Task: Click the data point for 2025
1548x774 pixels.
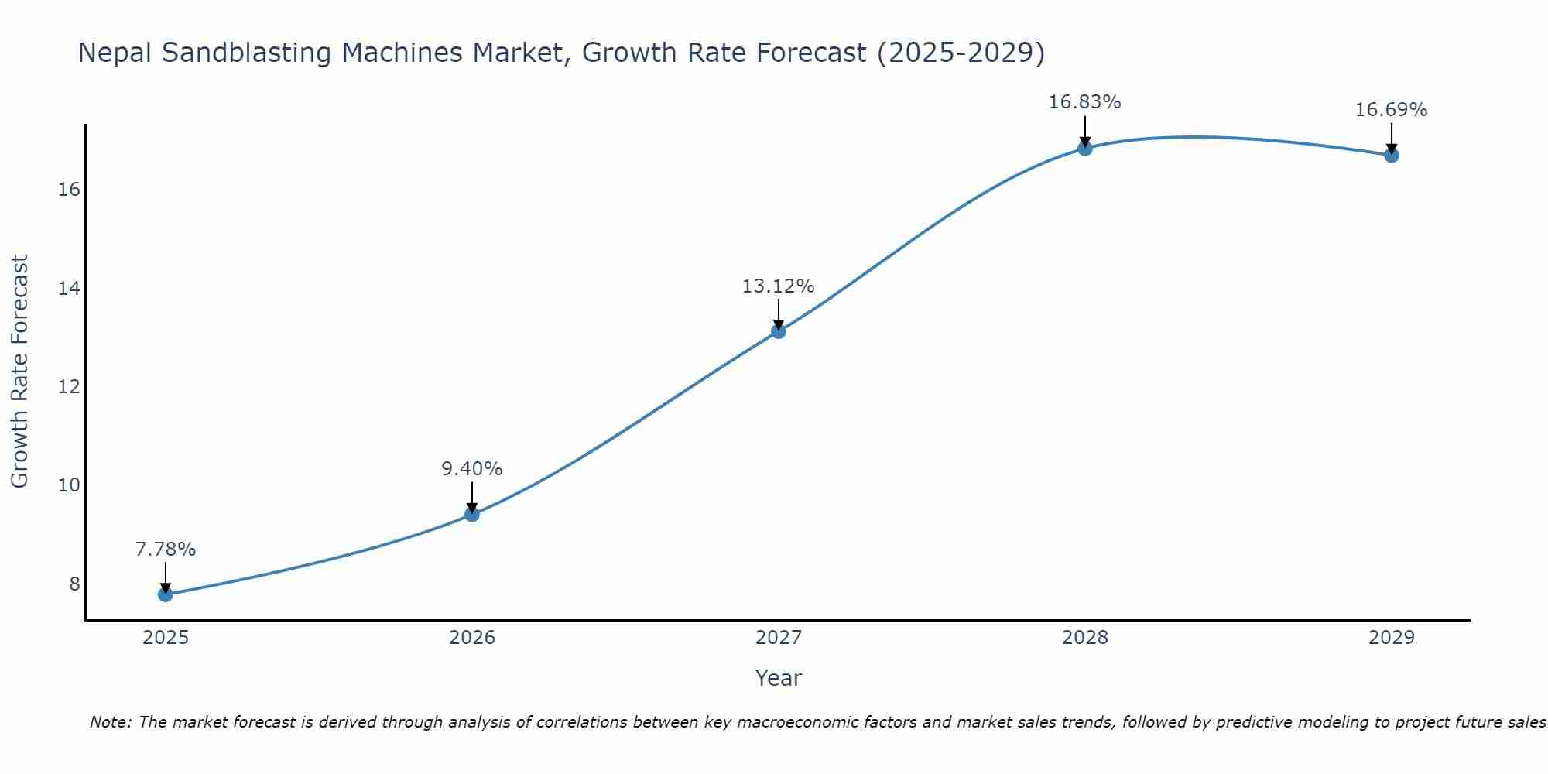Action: click(166, 594)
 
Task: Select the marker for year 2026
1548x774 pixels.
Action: click(472, 514)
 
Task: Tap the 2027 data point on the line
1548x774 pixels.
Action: click(779, 331)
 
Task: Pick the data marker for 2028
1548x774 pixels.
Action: click(1085, 148)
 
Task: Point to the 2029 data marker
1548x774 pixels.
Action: click(1392, 155)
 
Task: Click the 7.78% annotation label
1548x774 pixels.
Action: click(166, 550)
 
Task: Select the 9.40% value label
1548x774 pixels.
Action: click(472, 469)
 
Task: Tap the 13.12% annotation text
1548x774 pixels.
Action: click(779, 286)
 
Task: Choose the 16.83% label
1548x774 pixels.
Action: click(1085, 102)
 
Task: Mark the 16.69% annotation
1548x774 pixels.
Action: click(1392, 110)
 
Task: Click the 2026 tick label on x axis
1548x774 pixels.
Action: click(472, 638)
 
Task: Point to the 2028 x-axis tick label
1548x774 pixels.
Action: click(1085, 638)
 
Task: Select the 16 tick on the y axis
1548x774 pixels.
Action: click(69, 190)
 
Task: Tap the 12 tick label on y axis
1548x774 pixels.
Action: click(69, 386)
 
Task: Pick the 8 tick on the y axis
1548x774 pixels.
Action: click(74, 584)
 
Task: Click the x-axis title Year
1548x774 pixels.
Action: click(779, 678)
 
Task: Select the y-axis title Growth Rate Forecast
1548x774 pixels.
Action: click(20, 372)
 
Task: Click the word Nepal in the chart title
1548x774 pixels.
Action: click(115, 53)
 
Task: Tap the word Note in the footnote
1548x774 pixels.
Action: click(111, 723)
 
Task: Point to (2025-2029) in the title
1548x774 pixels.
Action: click(961, 53)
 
